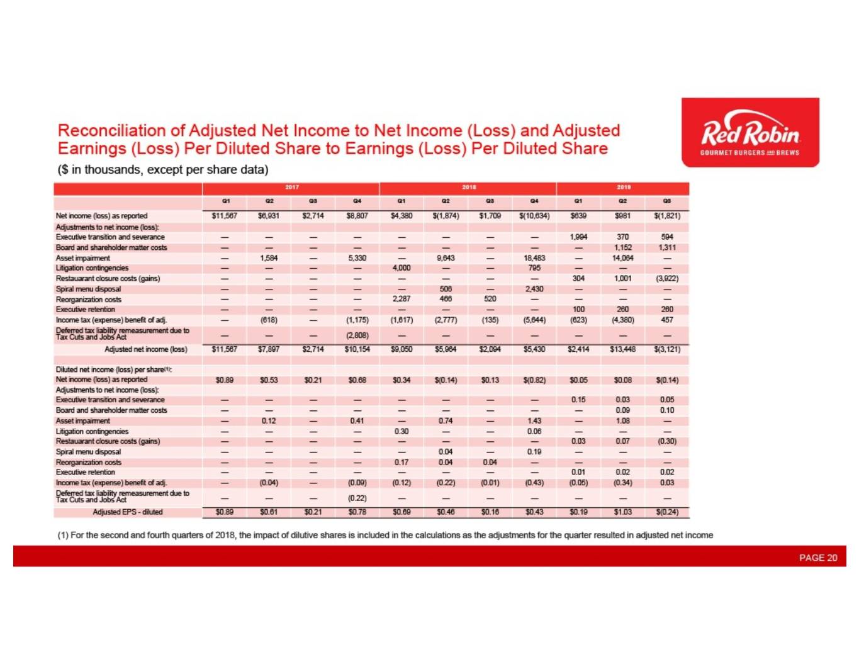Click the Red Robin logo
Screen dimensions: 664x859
click(750, 133)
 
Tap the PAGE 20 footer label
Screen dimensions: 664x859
click(817, 558)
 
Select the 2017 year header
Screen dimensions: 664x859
click(292, 188)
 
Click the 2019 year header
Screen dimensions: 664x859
click(623, 188)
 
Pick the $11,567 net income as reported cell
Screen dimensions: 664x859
click(225, 216)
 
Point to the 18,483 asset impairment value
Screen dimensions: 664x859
click(534, 258)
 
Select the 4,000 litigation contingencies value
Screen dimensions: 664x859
click(401, 268)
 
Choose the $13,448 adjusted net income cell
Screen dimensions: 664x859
click(622, 349)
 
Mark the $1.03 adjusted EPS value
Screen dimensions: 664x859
click(622, 512)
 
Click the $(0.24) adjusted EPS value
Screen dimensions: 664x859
click(667, 512)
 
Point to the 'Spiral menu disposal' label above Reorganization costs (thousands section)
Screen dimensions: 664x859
click(88, 289)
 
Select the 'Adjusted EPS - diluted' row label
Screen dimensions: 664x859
click(128, 512)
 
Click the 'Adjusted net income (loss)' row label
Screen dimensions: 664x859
click(146, 349)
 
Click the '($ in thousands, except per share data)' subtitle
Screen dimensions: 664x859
click(163, 170)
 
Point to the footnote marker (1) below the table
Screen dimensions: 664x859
click(63, 535)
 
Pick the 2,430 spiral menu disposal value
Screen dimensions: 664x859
click(534, 289)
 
